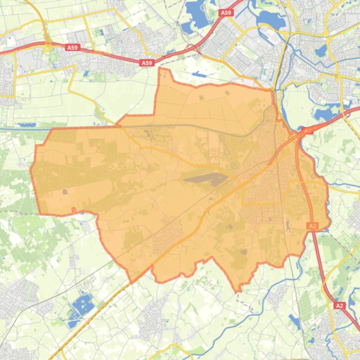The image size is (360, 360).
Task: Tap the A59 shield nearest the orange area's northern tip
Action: coord(147,63)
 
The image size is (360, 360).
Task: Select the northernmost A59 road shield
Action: coord(226,13)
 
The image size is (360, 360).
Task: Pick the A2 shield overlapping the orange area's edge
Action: coord(312,226)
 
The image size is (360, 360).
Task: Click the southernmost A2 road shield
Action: coord(340,305)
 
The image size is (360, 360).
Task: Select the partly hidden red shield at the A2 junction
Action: coord(307,130)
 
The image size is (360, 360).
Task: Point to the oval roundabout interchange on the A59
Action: coord(47,45)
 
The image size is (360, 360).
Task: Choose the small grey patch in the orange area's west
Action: coord(65,191)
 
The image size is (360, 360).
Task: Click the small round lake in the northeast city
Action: coord(320,51)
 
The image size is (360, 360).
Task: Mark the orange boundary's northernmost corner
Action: coord(160,68)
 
